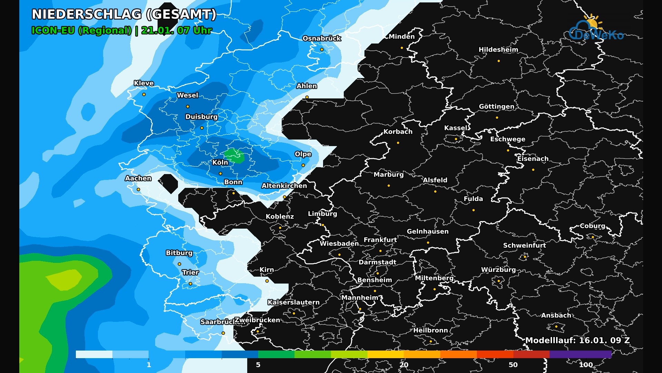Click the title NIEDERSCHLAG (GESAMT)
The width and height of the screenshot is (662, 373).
click(x=124, y=15)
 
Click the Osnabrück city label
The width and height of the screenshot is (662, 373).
click(x=322, y=38)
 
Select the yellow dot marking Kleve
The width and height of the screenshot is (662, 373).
click(x=144, y=95)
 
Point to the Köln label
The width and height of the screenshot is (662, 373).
click(x=220, y=162)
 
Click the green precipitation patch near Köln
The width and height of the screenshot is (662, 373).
click(x=234, y=156)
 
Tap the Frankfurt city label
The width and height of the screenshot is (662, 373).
click(x=380, y=240)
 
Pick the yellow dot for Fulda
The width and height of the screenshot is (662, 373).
click(x=473, y=210)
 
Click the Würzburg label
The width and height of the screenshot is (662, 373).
click(x=498, y=270)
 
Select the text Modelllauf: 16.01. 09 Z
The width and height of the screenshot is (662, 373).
click(x=578, y=340)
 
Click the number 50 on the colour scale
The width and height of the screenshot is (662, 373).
click(x=513, y=365)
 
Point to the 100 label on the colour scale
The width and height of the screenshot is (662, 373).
click(x=585, y=365)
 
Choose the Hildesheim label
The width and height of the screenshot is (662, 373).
click(x=498, y=50)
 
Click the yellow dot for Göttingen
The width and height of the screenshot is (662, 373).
click(x=497, y=118)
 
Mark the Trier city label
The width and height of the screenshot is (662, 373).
click(x=190, y=272)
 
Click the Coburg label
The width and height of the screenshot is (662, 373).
click(x=592, y=226)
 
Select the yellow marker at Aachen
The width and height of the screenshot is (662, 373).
click(x=138, y=190)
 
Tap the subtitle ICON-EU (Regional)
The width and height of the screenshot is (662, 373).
click(x=81, y=30)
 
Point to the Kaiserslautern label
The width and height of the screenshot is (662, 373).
click(x=293, y=302)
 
